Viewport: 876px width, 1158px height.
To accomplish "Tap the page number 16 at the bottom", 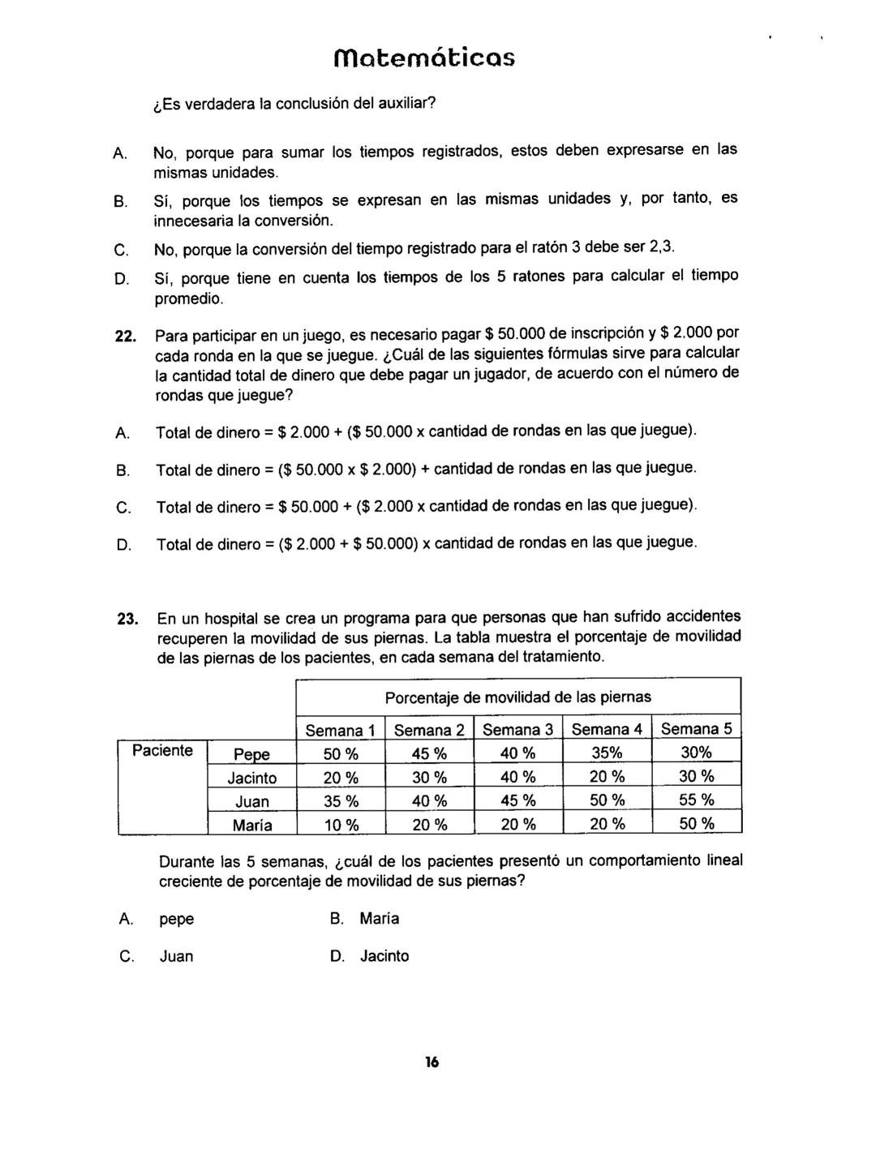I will coord(431,1062).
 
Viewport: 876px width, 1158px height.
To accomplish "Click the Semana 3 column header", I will coord(517,730).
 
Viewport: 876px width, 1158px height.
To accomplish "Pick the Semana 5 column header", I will coord(696,729).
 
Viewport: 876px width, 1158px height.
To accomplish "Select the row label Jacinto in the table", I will coord(251,778).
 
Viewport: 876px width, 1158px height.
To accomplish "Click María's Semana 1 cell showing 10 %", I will coord(341,826).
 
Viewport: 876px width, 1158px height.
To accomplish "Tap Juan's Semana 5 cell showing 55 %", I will coord(696,801).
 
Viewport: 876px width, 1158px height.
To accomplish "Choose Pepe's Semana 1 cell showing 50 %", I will coord(341,754).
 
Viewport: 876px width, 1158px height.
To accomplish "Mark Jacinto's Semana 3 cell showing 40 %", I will coord(518,778).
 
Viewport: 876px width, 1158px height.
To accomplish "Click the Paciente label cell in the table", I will coord(162,751).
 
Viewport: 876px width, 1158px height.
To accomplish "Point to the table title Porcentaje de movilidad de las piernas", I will coord(517,697).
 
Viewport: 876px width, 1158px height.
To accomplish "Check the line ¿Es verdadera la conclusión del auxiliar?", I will coord(294,105).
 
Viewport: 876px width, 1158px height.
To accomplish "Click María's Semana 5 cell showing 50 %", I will coord(696,825).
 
